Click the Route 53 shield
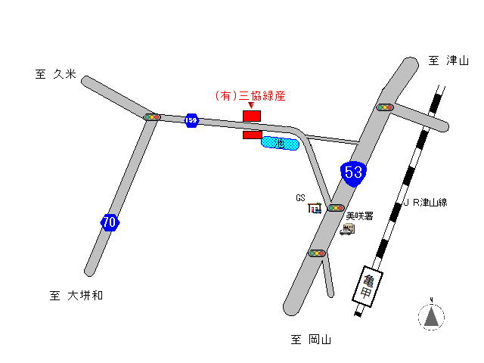tap(353, 172)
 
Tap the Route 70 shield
tap(110, 222)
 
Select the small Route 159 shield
tap(191, 120)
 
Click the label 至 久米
tap(55, 74)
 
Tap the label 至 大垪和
tap(76, 296)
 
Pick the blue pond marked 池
tap(280, 142)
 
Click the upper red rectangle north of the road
tap(251, 116)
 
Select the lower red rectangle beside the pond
tap(252, 135)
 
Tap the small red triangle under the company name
tap(251, 106)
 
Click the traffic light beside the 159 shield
tap(153, 117)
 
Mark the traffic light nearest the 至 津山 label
tap(386, 107)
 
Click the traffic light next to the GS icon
tap(335, 207)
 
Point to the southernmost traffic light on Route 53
tap(317, 253)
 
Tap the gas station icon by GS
tap(315, 207)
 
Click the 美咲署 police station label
tap(359, 216)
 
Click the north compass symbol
tap(431, 316)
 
